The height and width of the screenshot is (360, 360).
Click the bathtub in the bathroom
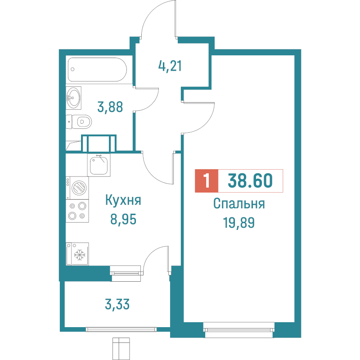(97, 70)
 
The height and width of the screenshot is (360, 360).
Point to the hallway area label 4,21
(170, 66)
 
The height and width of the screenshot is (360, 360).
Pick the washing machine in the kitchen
(78, 187)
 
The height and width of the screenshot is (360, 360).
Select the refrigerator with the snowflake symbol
(77, 254)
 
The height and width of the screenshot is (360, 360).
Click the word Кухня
(123, 201)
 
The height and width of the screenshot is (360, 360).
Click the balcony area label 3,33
(117, 305)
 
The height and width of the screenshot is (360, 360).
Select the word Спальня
(238, 204)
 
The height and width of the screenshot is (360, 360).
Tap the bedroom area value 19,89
(238, 222)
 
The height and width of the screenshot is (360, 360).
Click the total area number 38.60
(250, 181)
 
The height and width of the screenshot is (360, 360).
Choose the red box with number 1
(206, 181)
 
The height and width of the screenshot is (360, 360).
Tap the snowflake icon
(80, 256)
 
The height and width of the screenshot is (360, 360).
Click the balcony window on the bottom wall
(121, 329)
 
